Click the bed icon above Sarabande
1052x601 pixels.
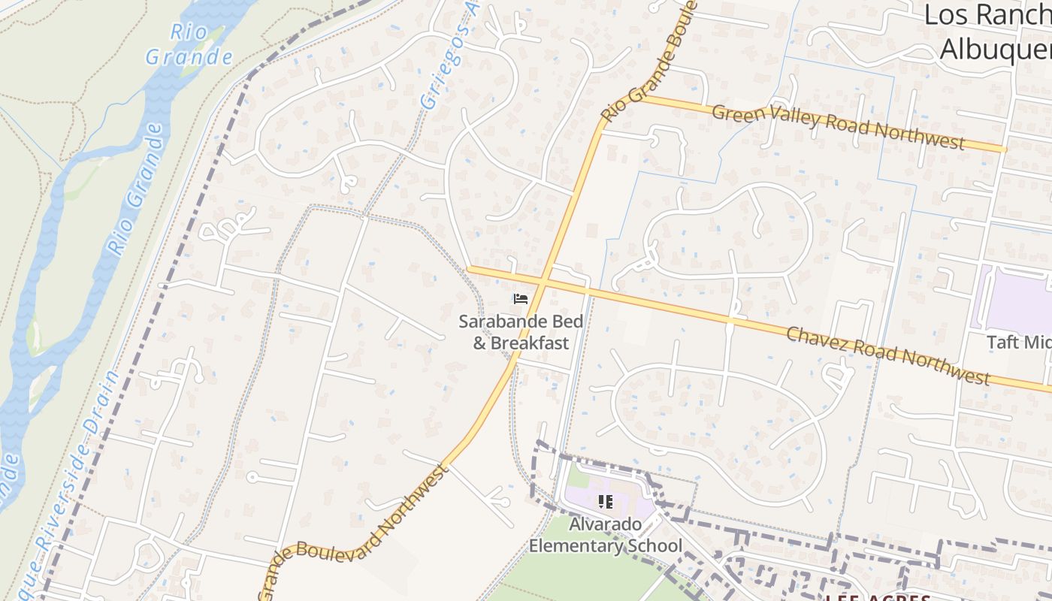pos(520,299)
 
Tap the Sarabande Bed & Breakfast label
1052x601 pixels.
pos(521,332)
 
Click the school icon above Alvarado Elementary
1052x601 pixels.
pos(606,501)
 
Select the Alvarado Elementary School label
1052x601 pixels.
pos(606,535)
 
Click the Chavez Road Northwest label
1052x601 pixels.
pos(887,355)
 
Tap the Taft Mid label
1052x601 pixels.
pos(1018,343)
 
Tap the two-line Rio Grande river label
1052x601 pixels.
pos(189,44)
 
